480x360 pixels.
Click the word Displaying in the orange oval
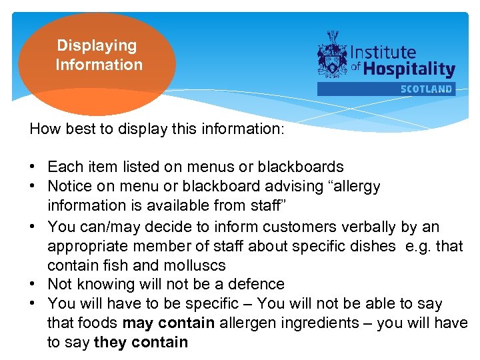coord(97,46)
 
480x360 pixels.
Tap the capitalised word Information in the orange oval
coord(99,65)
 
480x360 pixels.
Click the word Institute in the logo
coord(383,52)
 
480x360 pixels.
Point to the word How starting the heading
coord(44,129)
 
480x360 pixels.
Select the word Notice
coord(71,186)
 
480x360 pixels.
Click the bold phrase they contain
coord(141,343)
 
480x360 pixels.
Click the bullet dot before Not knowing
coord(33,285)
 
